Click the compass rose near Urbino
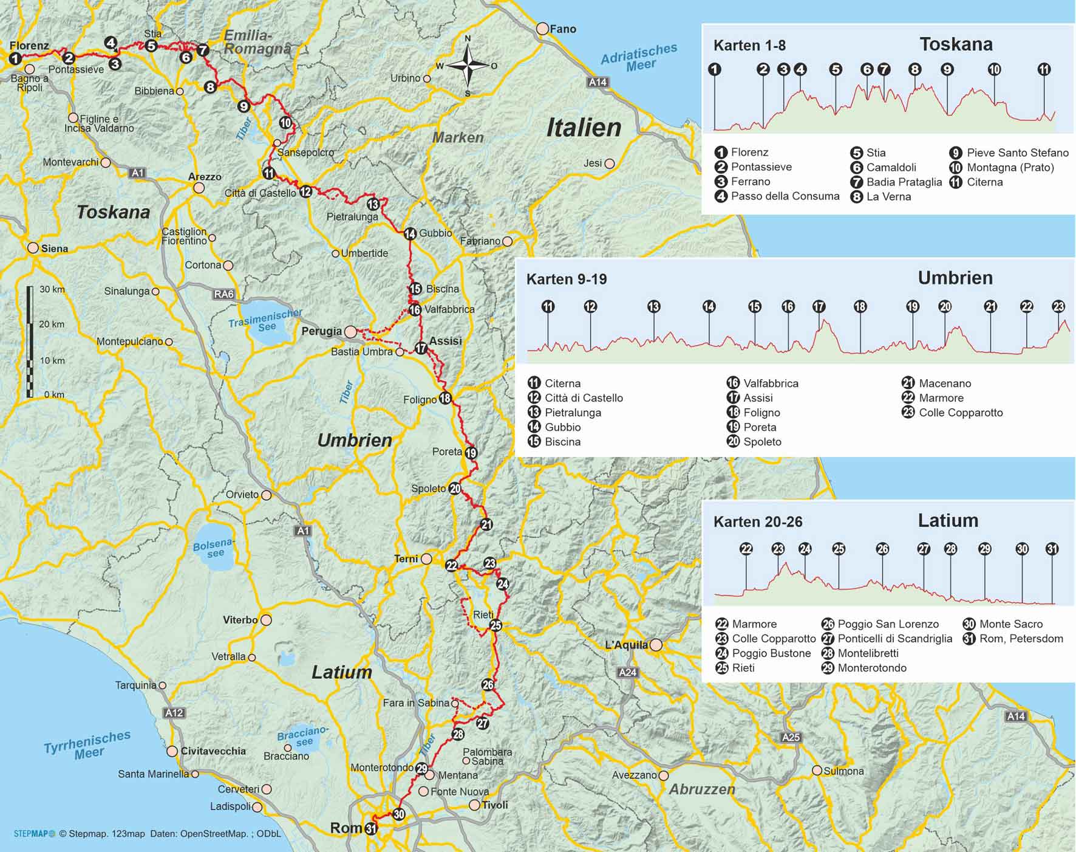tap(468, 66)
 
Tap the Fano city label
tap(562, 29)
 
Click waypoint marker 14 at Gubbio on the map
tap(410, 233)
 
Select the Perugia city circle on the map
tap(350, 332)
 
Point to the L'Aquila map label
tap(626, 645)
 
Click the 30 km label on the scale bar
tap(52, 289)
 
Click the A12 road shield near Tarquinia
tap(174, 712)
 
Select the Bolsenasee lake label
tap(213, 548)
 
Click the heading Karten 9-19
tap(566, 279)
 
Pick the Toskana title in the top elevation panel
tap(955, 44)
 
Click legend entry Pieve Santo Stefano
tap(1017, 153)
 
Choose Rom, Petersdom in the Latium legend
tap(1021, 639)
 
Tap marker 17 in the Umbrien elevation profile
tap(819, 306)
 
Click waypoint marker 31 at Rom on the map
tap(371, 828)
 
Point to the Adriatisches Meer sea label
tap(639, 58)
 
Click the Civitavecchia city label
tap(213, 751)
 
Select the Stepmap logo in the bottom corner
tap(34, 834)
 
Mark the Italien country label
tap(584, 128)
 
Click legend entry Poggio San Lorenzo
tap(888, 624)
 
